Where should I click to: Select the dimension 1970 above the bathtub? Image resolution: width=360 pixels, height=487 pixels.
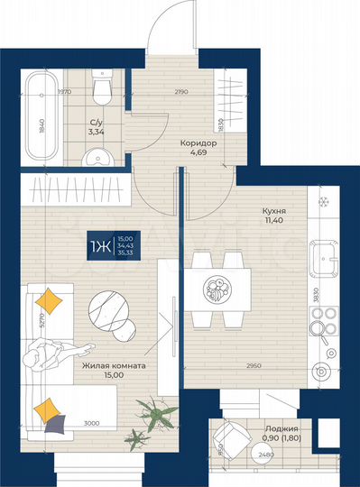(64, 92)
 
